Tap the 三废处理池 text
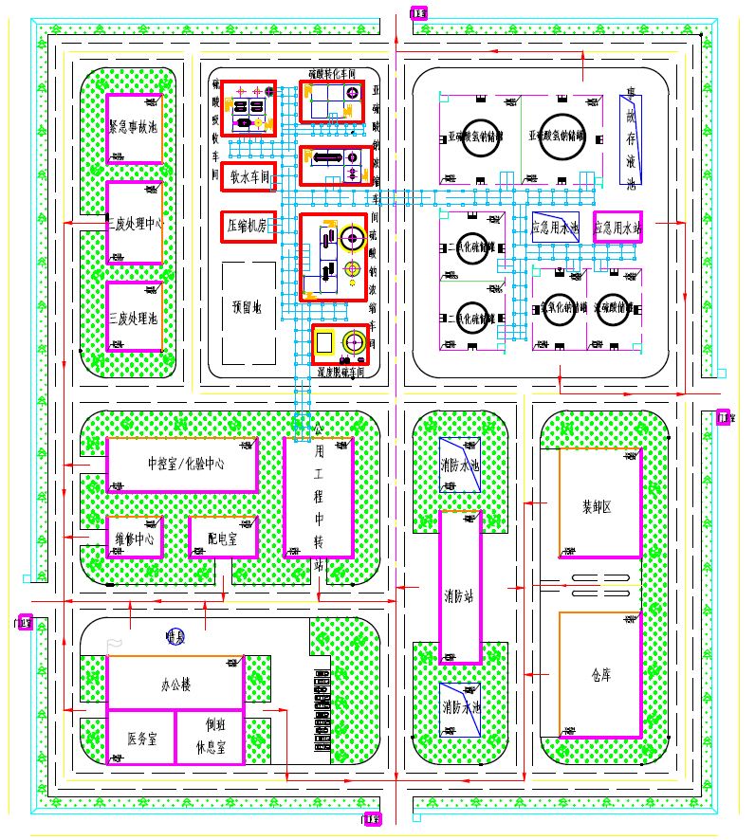tap(133, 317)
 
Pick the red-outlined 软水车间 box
tap(249, 176)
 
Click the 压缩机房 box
tap(249, 226)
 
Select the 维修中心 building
tap(134, 539)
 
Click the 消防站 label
tap(461, 596)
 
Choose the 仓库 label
tap(598, 676)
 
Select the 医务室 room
tap(140, 738)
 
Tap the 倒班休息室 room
tap(210, 737)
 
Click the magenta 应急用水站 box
tap(617, 228)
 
